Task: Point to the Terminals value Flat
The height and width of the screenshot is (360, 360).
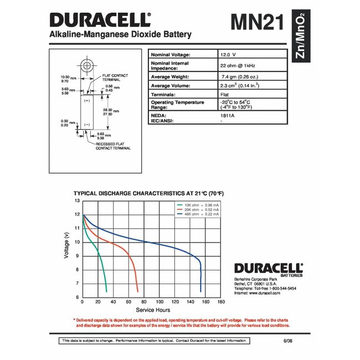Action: [225, 95]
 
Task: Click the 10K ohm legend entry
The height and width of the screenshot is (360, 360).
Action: [198, 205]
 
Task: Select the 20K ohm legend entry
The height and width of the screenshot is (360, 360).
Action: [198, 209]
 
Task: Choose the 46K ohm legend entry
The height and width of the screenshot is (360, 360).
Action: [198, 214]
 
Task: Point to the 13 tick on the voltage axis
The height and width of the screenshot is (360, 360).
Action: [77, 200]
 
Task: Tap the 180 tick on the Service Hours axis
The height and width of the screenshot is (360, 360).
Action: [221, 302]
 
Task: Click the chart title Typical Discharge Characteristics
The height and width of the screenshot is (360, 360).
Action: [148, 193]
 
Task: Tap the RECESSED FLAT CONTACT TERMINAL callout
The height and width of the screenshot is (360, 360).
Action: [114, 146]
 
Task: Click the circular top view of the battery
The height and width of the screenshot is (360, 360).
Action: [87, 65]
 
